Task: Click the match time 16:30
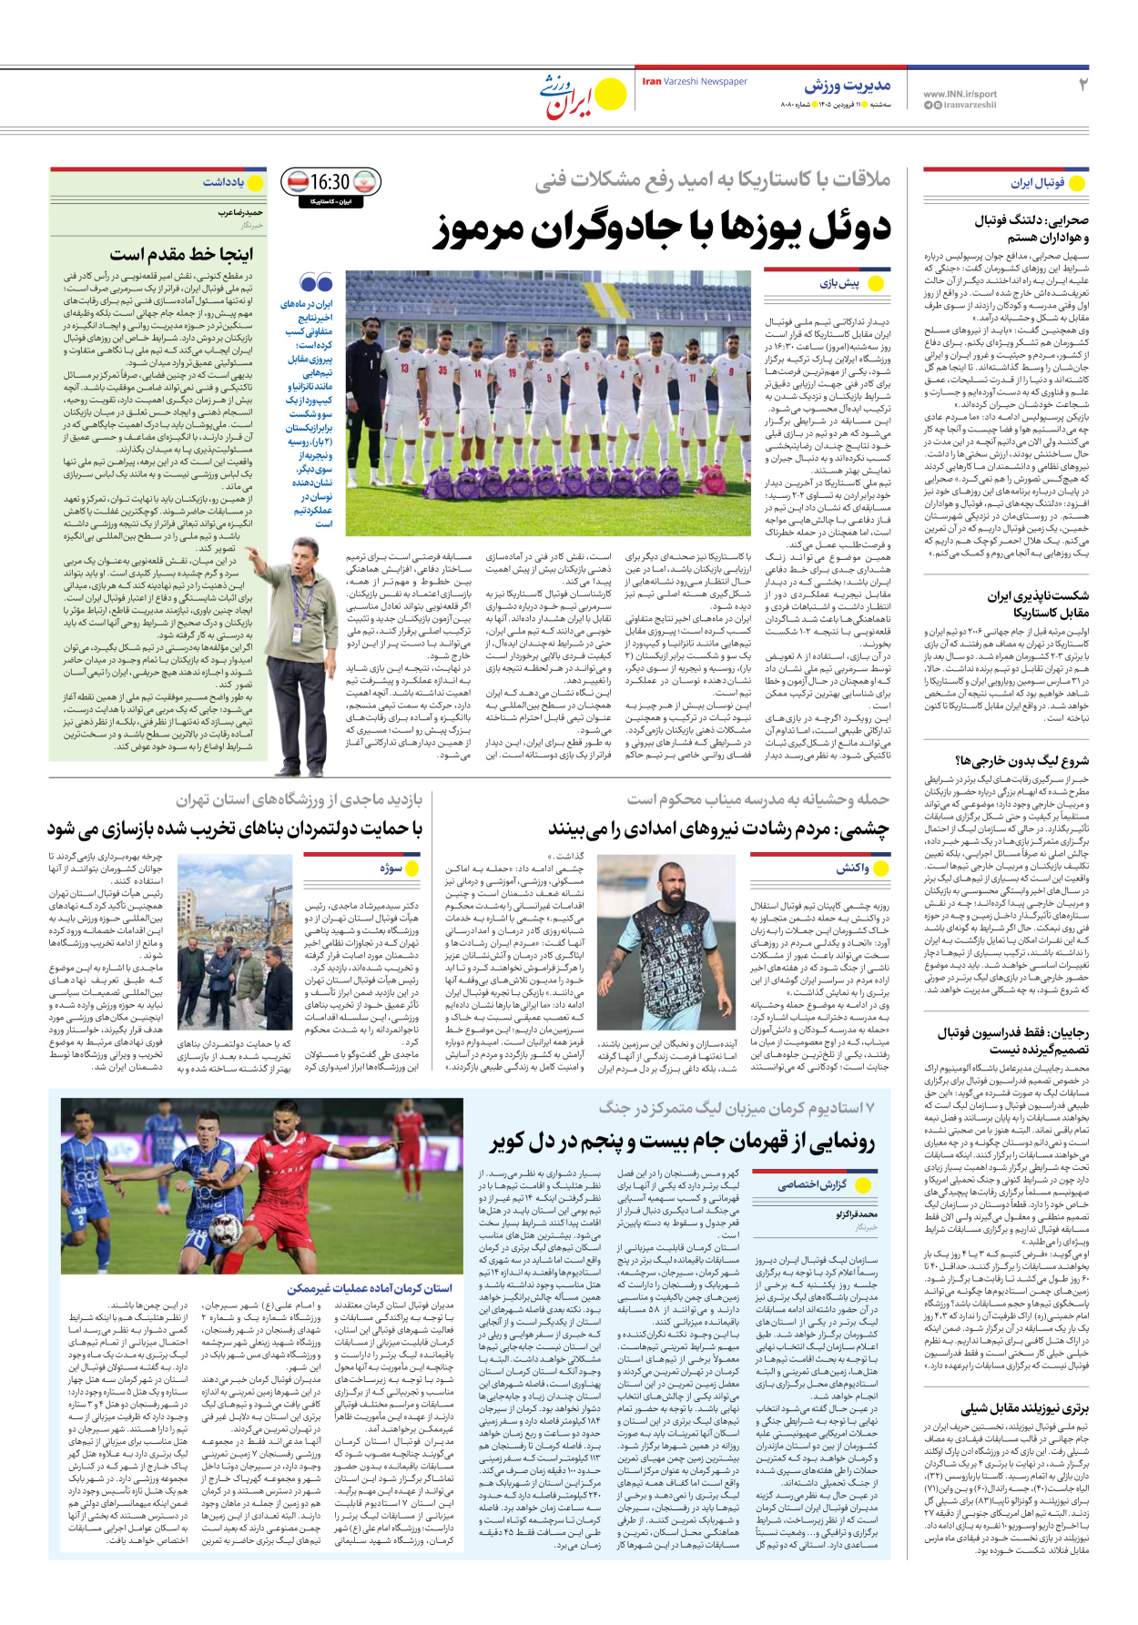click(x=330, y=182)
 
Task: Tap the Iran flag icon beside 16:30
click(x=364, y=182)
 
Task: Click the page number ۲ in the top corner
click(x=1083, y=86)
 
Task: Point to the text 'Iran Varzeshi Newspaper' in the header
click(x=695, y=82)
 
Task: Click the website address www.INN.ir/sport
click(x=960, y=94)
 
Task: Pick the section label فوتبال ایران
click(x=1037, y=183)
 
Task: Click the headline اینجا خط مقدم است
click(x=181, y=254)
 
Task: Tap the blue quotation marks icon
click(x=316, y=283)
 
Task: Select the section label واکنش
click(x=853, y=868)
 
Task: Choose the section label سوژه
click(x=391, y=868)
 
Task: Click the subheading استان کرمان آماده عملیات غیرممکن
click(x=370, y=1288)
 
